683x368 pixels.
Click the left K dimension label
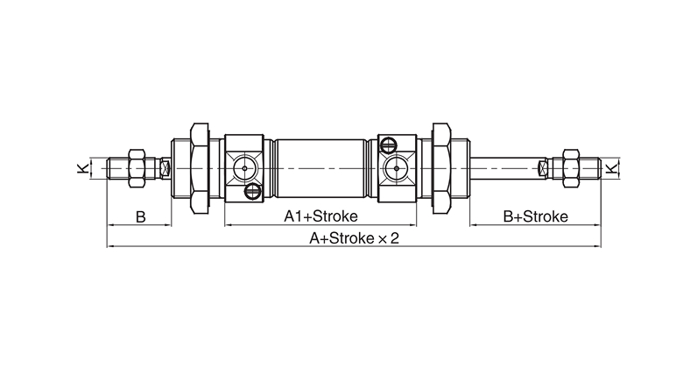click(x=82, y=168)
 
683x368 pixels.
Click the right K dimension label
click(x=612, y=168)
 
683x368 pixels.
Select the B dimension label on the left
click(x=140, y=216)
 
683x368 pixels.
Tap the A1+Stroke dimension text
click(x=320, y=216)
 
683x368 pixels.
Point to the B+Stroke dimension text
click(x=535, y=216)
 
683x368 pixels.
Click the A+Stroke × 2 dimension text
click(x=354, y=238)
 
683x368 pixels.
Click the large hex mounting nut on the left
click(x=200, y=168)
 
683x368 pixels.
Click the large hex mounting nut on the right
click(x=440, y=168)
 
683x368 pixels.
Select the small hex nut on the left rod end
click(x=137, y=168)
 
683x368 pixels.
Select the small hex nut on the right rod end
click(x=571, y=168)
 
